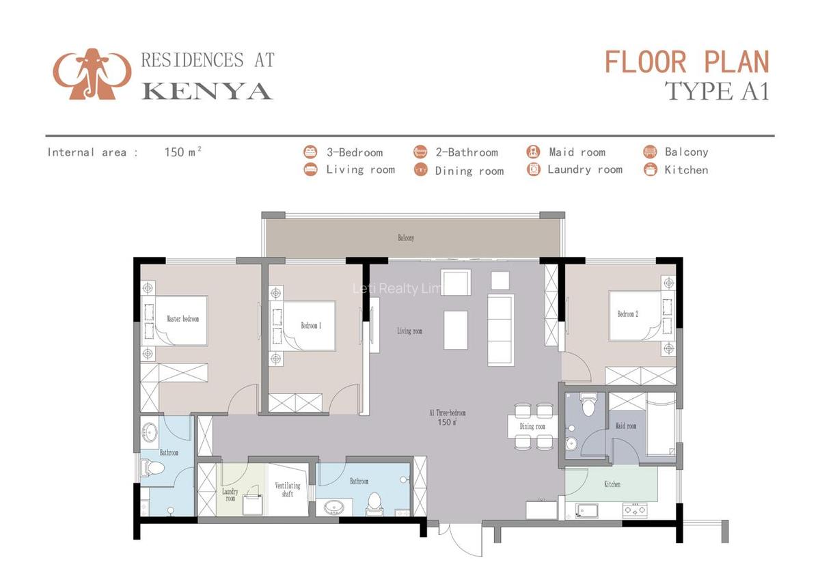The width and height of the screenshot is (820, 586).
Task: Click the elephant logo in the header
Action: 92,74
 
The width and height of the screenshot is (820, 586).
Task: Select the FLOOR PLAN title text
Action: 687,62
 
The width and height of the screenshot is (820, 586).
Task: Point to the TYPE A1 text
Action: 717,92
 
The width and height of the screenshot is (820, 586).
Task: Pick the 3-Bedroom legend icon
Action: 311,152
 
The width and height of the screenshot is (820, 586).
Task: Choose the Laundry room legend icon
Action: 534,169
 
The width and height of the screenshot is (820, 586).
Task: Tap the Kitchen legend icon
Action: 651,170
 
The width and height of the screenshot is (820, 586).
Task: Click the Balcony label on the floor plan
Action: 406,238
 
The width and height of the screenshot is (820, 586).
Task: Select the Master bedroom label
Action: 182,318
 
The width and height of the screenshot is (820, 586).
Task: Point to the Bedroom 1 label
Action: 311,326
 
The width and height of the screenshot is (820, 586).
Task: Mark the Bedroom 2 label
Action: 627,314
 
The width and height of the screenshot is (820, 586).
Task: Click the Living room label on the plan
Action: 409,331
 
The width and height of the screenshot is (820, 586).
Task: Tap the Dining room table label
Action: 532,427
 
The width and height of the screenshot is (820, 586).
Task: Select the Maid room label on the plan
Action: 625,426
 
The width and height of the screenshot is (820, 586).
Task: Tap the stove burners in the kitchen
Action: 635,509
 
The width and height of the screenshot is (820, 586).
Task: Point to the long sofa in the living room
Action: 500,330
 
